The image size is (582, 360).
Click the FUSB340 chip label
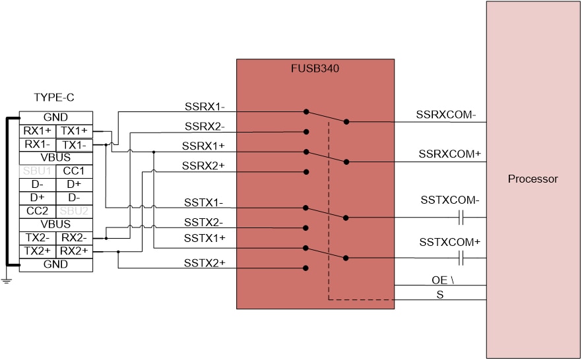(315, 68)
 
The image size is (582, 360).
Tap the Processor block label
(533, 179)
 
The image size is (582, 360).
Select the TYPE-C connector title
(54, 98)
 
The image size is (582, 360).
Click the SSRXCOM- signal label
(445, 114)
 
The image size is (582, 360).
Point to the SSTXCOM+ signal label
(449, 243)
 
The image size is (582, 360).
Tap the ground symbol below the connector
(7, 281)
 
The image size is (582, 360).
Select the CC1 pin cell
(74, 171)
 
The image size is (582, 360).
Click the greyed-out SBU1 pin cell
(38, 171)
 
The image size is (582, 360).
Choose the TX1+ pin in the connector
(74, 131)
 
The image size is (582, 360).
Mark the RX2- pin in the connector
(74, 237)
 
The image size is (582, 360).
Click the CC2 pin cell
(38, 211)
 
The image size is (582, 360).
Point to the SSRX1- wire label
(205, 106)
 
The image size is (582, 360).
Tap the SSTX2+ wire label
(205, 262)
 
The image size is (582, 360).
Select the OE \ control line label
(443, 280)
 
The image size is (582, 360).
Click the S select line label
(440, 294)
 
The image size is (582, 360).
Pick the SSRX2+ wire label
(205, 165)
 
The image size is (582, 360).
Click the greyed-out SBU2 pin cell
(74, 211)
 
